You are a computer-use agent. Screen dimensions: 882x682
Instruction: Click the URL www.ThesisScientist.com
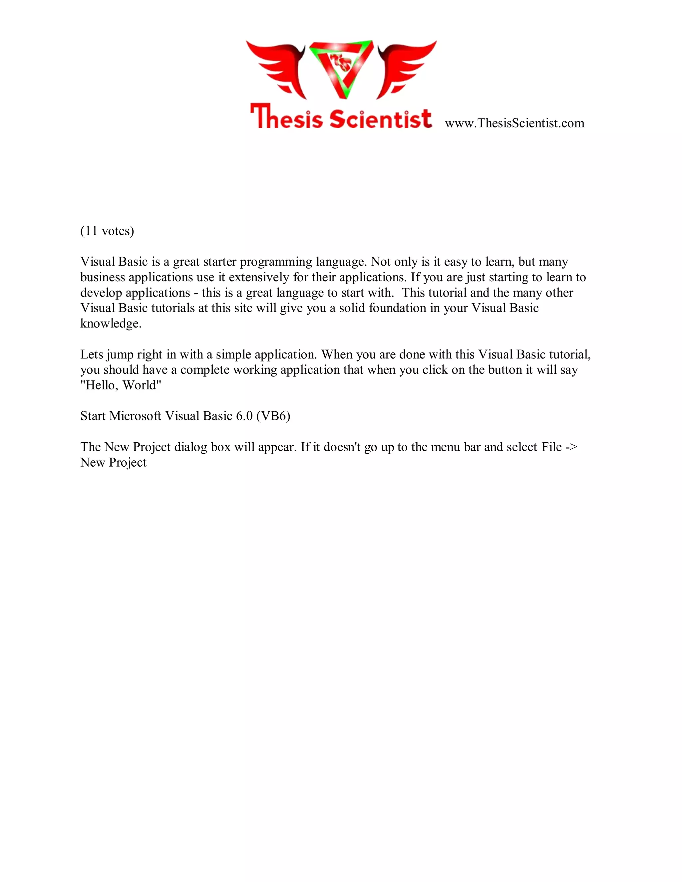[514, 123]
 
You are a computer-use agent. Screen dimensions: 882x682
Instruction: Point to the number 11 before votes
[91, 231]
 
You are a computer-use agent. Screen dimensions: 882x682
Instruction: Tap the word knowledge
[110, 324]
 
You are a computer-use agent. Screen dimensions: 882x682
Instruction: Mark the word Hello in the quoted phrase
[101, 385]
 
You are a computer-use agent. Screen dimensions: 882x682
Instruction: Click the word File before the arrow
[551, 447]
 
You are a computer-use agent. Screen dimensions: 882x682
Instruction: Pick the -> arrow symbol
[571, 447]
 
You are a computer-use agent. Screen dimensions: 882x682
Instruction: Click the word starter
[220, 262]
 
